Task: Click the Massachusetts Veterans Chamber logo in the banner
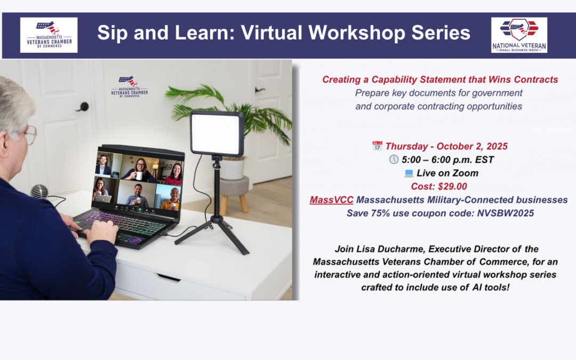click(49, 35)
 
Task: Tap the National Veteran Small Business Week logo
click(519, 35)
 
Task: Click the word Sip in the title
click(113, 33)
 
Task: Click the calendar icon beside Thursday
click(377, 146)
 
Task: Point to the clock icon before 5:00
click(394, 159)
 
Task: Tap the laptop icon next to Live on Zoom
click(409, 173)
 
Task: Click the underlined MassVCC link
click(331, 200)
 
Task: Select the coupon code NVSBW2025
click(506, 213)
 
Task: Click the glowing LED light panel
click(217, 133)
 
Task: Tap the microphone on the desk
click(39, 191)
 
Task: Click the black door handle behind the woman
click(83, 107)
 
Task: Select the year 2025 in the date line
click(497, 146)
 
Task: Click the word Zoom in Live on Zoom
click(465, 173)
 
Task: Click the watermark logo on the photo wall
click(129, 87)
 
